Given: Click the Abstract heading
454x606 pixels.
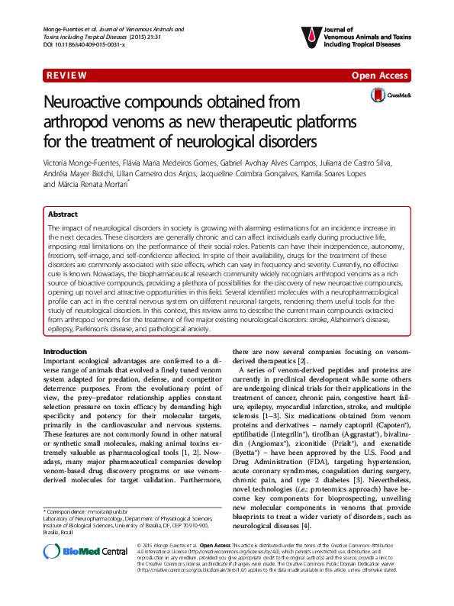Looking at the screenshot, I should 64,216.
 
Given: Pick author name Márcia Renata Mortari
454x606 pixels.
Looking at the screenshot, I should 98,184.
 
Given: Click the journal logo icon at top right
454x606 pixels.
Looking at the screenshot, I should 307,35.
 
